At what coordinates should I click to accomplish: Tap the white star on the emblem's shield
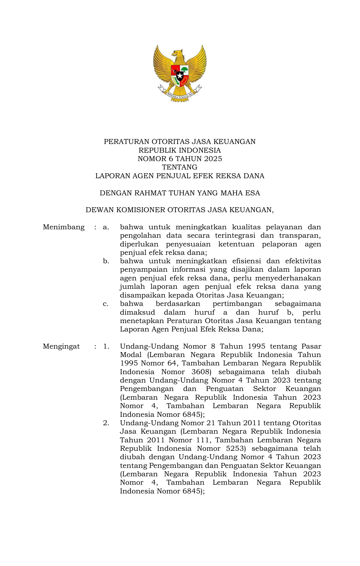pos(180,76)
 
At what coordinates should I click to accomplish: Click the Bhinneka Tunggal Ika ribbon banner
pos(180,95)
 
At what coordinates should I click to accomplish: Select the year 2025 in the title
pos(213,159)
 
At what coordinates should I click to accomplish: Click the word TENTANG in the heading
pos(180,167)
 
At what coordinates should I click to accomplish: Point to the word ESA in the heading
pos(252,193)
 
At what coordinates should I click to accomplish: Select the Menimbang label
pos(64,227)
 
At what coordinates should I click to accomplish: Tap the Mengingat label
pos(61,346)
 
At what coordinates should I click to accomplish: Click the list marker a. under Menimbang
pos(106,227)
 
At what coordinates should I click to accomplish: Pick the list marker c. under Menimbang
pos(106,304)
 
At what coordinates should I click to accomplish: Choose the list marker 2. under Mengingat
pos(106,423)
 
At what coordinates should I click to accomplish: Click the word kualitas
pos(246,227)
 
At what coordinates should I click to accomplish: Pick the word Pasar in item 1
pos(311,346)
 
